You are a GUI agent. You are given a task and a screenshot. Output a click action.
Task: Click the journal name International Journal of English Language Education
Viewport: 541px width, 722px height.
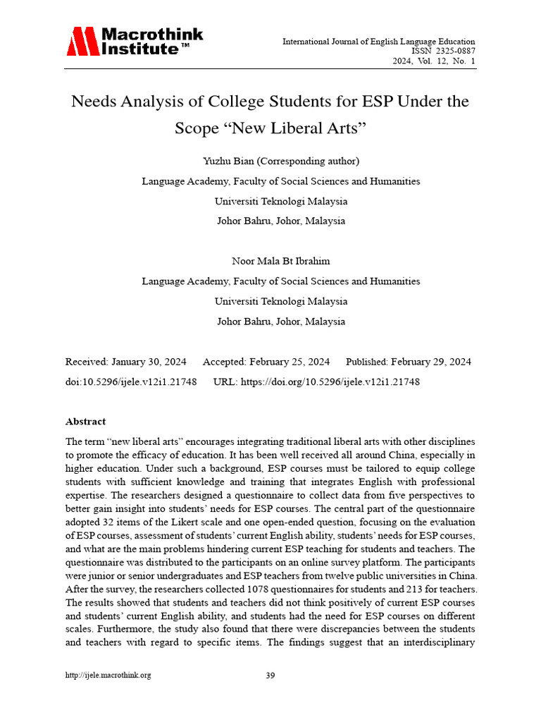(x=378, y=42)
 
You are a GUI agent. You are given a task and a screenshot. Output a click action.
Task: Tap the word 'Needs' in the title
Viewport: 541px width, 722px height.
(x=94, y=102)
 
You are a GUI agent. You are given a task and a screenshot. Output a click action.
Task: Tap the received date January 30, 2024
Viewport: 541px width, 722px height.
(x=148, y=362)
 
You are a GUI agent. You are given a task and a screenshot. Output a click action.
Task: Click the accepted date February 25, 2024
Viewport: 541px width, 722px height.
(x=289, y=362)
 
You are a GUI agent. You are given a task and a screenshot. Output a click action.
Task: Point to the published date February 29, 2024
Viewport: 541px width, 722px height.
(x=431, y=362)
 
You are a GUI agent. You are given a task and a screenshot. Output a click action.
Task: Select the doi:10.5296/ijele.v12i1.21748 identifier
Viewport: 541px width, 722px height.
(x=130, y=381)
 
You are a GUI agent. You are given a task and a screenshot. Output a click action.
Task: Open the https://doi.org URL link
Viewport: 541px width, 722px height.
(x=330, y=381)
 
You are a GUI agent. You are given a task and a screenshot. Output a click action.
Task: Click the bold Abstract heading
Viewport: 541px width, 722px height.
(x=85, y=422)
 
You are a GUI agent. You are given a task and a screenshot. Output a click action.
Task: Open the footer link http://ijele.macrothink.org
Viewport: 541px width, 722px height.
(x=108, y=675)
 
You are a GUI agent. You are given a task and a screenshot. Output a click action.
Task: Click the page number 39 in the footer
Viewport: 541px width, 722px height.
(x=270, y=675)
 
